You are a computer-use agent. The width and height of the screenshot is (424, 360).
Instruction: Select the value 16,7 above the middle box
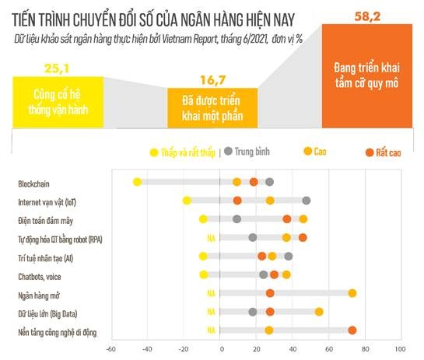tap(205, 80)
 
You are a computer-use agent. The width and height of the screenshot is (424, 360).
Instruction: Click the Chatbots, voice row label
tap(40, 275)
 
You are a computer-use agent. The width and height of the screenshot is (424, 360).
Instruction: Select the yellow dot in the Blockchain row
tap(137, 182)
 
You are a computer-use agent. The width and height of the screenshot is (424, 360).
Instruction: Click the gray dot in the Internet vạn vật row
tap(307, 201)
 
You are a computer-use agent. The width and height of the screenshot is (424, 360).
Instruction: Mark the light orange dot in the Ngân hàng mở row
tap(352, 293)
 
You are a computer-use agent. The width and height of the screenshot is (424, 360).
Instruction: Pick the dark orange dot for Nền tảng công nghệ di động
tap(352, 330)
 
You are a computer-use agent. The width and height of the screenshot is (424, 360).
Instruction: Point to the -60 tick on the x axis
tap(111, 349)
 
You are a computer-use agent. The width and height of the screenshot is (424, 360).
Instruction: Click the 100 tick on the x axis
tap(401, 349)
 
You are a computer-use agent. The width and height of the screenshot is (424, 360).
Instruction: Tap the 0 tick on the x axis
tap(220, 349)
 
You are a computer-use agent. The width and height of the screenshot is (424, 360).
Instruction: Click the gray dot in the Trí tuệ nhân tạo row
tap(289, 256)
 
